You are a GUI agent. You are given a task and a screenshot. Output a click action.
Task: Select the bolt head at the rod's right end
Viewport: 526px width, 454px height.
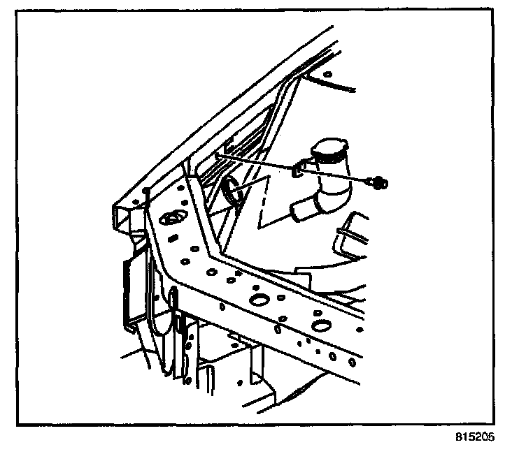tap(381, 184)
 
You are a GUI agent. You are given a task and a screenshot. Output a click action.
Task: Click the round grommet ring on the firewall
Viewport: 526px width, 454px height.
tap(232, 191)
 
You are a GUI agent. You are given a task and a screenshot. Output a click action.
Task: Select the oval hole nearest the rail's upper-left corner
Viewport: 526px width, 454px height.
tap(171, 219)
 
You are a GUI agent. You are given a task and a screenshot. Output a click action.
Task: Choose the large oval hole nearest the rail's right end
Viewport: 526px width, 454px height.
tap(321, 325)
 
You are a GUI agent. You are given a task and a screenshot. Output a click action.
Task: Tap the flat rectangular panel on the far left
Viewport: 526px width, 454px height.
tap(131, 286)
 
